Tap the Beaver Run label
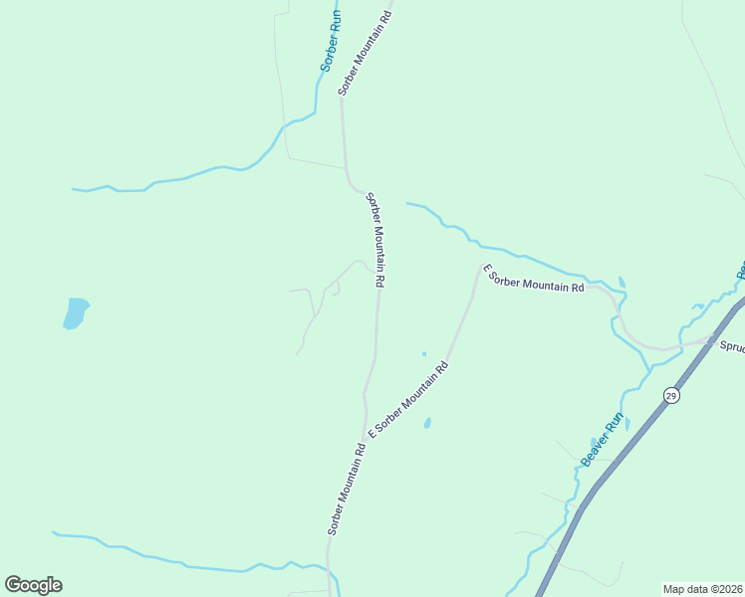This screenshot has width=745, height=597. coord(603,439)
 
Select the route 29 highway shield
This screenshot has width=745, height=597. coord(671,395)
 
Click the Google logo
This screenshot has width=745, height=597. coord(33,585)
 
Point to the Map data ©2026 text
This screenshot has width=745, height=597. coord(702,588)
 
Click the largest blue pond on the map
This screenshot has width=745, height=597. coord(76,312)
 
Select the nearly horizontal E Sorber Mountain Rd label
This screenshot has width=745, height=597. coord(534,279)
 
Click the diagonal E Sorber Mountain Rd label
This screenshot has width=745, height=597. coord(409,399)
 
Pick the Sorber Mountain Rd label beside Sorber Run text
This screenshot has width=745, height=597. coord(366,47)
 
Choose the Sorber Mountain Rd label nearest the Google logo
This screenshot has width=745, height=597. coord(347,489)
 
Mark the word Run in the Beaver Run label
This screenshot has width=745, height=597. coord(615,422)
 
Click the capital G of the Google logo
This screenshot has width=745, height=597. coord(13,585)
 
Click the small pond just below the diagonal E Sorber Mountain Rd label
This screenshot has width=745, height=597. coord(427,423)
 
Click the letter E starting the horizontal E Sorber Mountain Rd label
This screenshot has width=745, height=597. coord(487,268)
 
